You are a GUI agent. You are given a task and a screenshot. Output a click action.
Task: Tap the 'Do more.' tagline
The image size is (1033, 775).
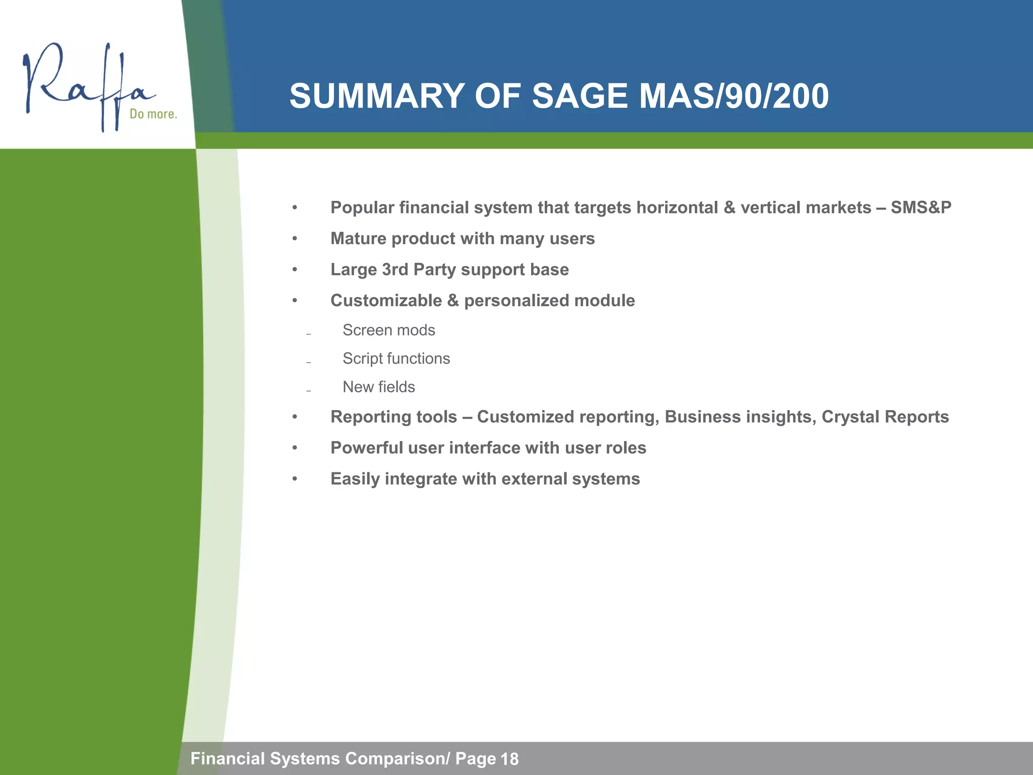tap(153, 114)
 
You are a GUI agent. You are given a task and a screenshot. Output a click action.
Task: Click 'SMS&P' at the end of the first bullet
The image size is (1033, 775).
tap(921, 207)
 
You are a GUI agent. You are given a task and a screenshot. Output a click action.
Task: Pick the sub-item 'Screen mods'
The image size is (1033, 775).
tap(388, 330)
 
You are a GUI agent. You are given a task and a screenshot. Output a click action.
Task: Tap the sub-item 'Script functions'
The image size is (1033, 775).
tap(396, 359)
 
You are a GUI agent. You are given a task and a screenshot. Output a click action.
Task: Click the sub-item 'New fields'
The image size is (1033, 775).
tap(378, 387)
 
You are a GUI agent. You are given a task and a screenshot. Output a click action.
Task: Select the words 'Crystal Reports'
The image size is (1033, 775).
tap(885, 417)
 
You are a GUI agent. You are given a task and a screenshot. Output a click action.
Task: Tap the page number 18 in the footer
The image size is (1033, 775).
tap(509, 759)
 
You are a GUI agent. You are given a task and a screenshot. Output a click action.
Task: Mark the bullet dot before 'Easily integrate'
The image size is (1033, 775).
tap(295, 479)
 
